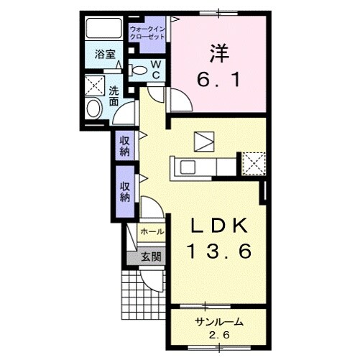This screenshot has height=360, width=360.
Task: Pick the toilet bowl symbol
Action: coord(138,70)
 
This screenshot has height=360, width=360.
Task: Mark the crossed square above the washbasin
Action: coord(94,84)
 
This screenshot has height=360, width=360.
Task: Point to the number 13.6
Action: coord(220,251)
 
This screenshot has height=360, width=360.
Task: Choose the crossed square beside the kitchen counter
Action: coord(252,162)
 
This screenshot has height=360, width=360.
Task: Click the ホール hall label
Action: coord(152,232)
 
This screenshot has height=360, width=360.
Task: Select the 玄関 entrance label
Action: coord(151,257)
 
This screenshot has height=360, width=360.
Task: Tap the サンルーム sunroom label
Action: coord(218,322)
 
